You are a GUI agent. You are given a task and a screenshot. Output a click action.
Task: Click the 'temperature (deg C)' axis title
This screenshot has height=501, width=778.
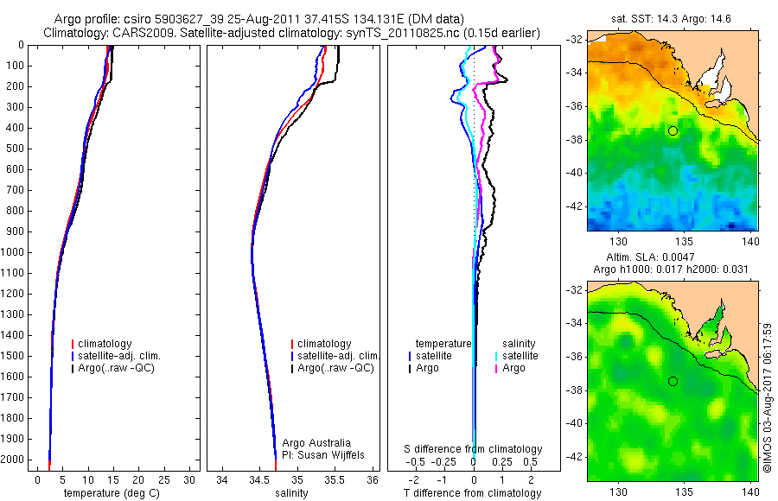[x=112, y=493]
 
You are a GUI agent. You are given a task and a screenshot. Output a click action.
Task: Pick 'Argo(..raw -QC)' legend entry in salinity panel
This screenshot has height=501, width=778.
[x=335, y=368]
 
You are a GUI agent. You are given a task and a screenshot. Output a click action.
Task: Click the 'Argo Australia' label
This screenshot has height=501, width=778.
[x=316, y=443]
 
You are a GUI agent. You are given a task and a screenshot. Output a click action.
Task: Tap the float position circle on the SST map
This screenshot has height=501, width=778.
[x=673, y=130]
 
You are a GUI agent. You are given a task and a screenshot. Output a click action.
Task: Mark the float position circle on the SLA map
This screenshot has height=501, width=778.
[x=673, y=381]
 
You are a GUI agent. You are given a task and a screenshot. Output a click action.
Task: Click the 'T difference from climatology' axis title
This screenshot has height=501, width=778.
[x=472, y=493]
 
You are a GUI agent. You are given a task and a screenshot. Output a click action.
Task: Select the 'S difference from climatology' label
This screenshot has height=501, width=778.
[x=474, y=449]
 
